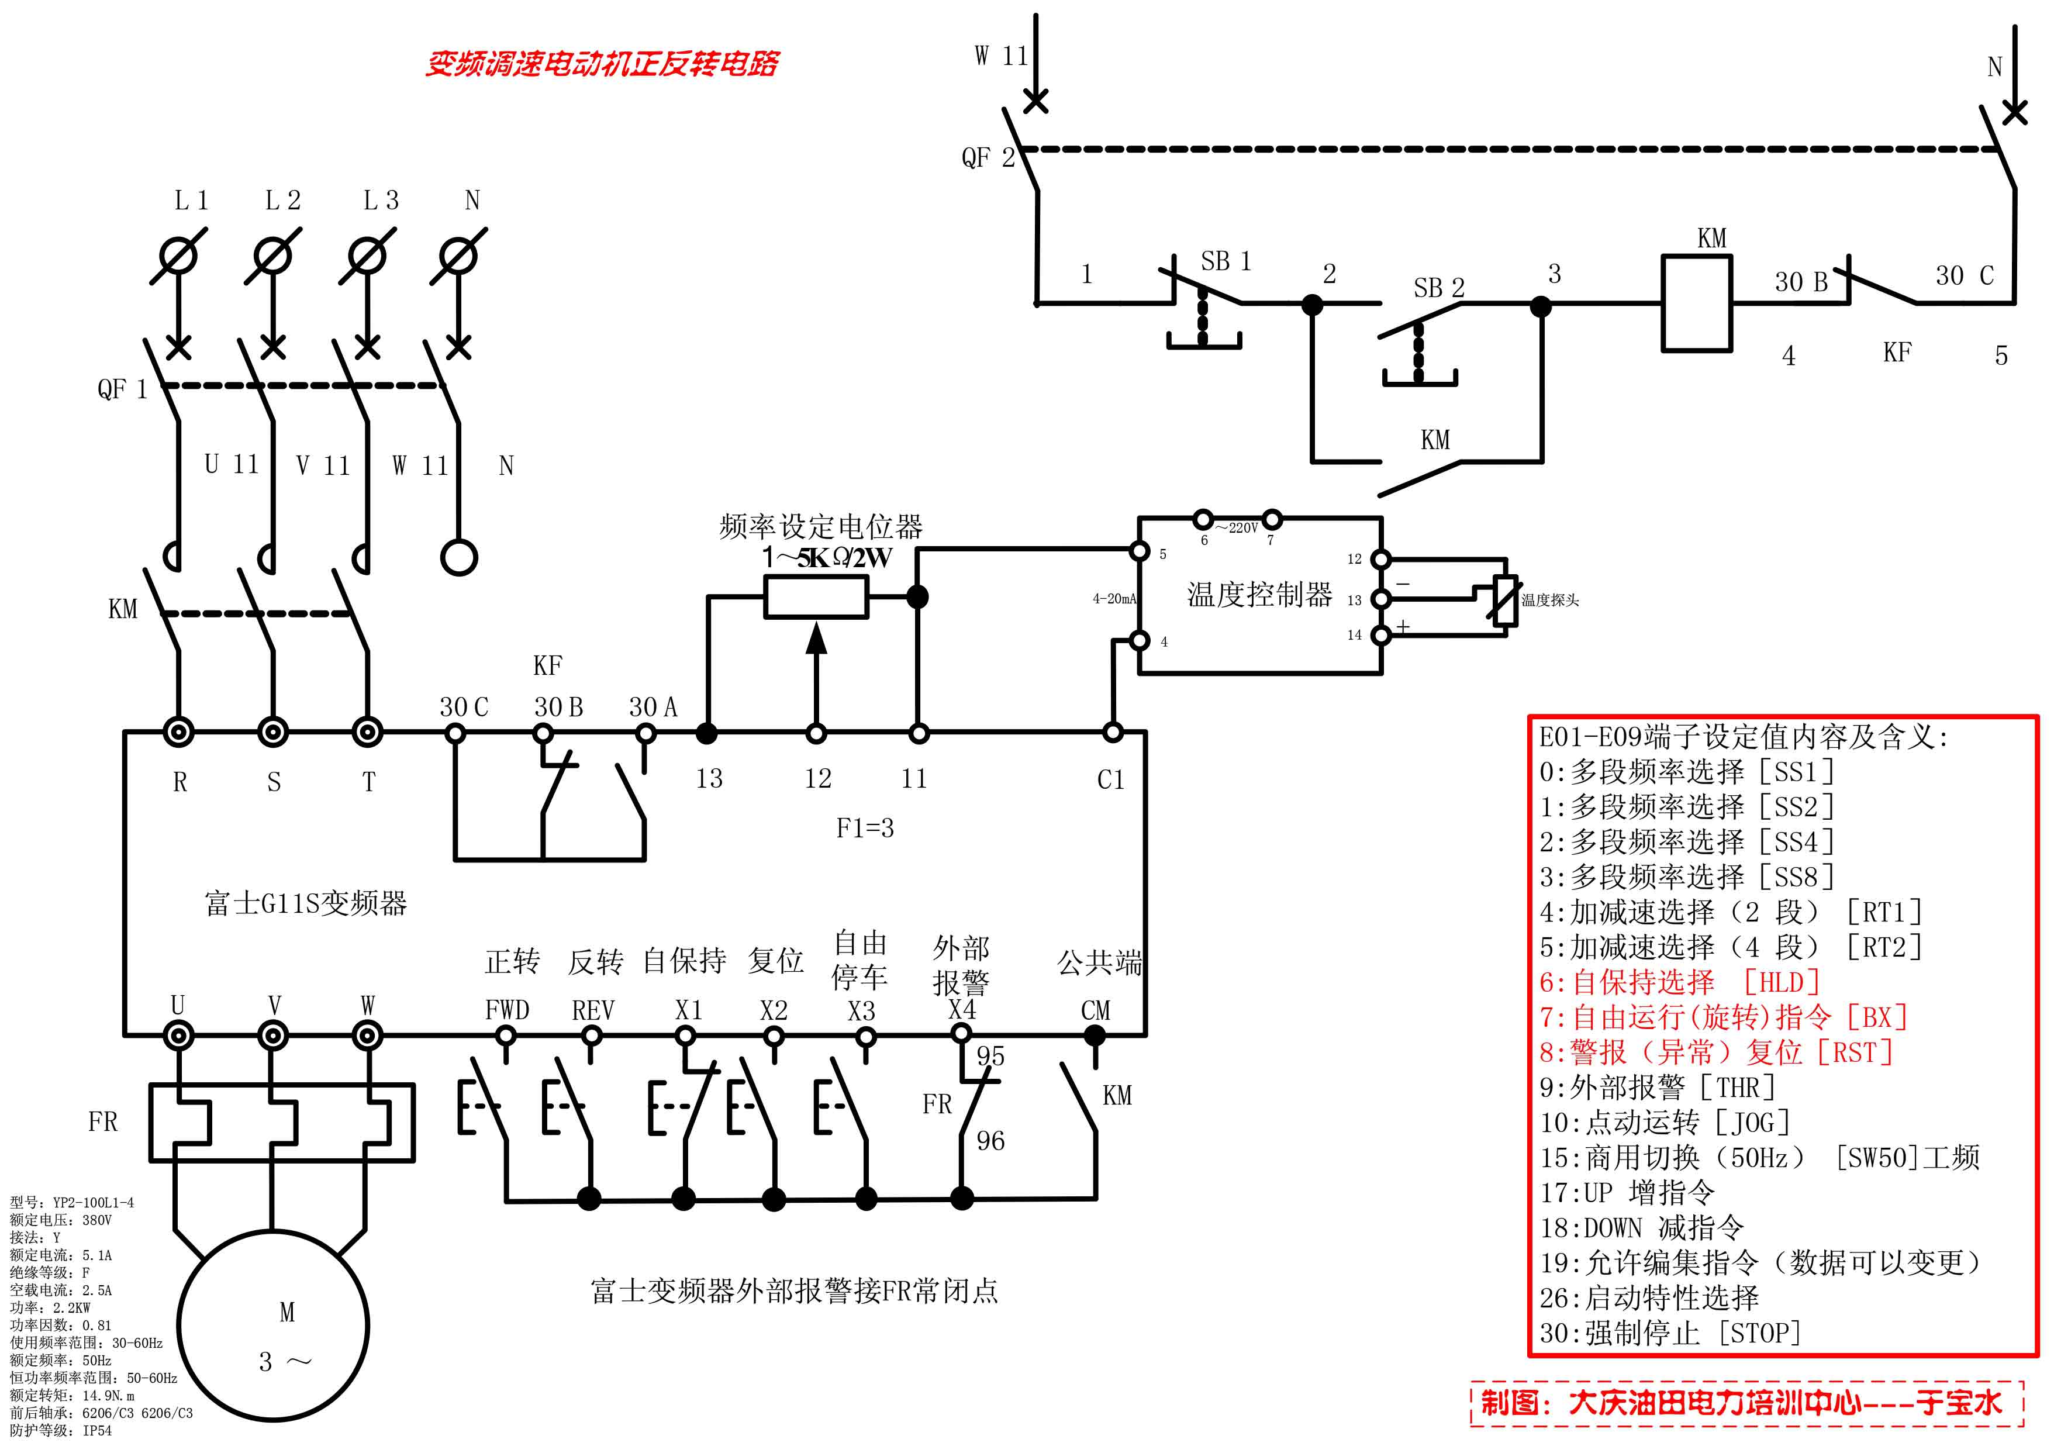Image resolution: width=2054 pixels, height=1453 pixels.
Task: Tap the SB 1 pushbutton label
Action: click(1225, 261)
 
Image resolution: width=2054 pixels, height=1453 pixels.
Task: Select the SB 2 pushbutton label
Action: click(1438, 288)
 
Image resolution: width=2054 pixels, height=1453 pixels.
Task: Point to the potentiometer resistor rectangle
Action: click(815, 597)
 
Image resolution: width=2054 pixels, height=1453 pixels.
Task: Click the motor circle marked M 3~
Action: click(273, 1325)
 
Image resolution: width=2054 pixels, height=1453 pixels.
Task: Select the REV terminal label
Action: click(592, 1010)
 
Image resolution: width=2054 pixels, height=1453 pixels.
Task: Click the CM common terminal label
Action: click(1095, 1010)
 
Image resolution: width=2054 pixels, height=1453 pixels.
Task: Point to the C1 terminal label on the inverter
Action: click(1110, 779)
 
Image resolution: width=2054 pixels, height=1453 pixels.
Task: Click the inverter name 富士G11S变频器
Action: click(305, 903)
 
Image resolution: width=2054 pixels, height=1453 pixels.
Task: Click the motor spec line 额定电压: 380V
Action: click(61, 1220)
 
